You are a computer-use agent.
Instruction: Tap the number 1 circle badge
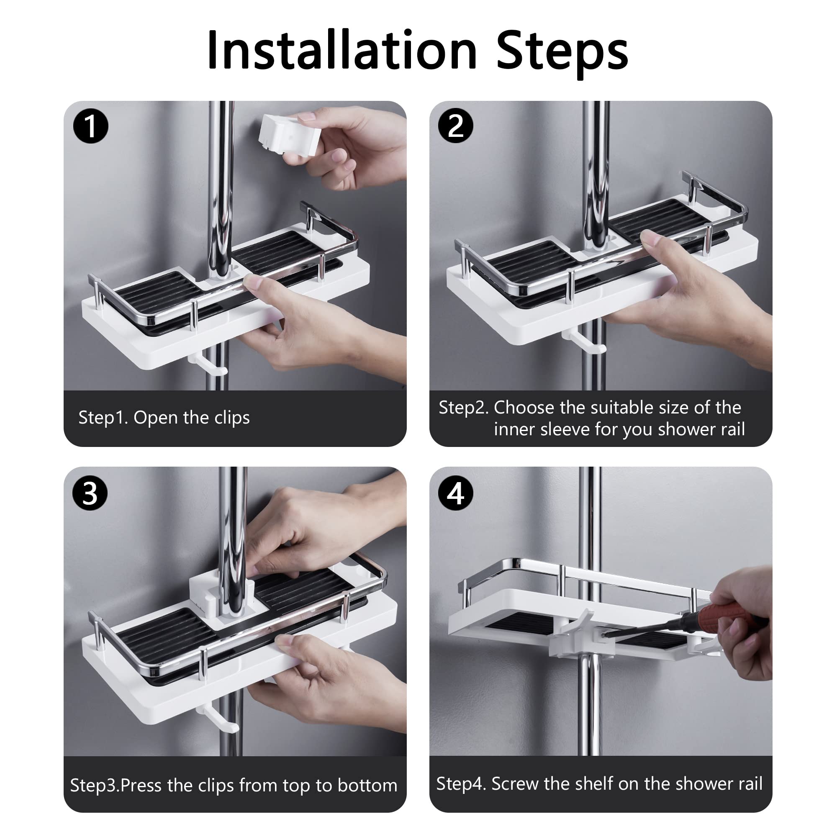(90, 126)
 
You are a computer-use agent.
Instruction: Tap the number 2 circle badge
(456, 126)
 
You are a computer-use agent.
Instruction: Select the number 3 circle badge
(90, 493)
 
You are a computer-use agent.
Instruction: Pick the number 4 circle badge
(456, 493)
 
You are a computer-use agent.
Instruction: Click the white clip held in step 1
(289, 135)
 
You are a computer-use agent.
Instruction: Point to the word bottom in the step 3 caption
(367, 786)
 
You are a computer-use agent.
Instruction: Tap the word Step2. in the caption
(464, 408)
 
